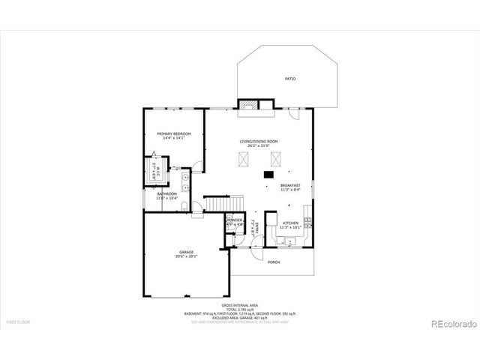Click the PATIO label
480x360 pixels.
coord(289,79)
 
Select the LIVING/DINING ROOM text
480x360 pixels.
coord(259,141)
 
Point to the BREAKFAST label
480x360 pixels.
coord(290,185)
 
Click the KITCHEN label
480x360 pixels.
coord(290,222)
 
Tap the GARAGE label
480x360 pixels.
coord(186,251)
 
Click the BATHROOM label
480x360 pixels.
coord(166,193)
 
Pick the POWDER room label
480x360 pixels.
coord(235,220)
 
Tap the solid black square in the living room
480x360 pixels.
coord(268,174)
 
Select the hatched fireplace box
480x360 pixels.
coord(248,105)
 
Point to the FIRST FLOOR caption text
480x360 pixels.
coord(17,322)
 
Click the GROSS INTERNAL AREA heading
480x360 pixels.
coord(240,305)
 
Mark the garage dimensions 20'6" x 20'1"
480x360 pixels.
coord(186,256)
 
